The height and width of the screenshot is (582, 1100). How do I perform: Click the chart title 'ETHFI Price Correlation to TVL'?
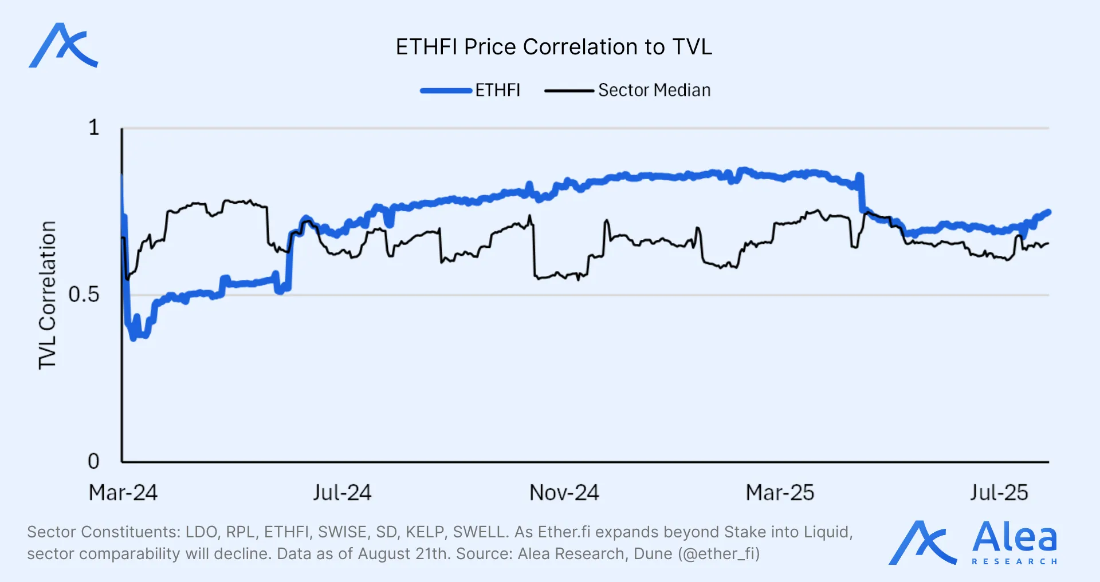[x=553, y=47]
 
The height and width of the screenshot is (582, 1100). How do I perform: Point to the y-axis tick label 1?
[x=94, y=128]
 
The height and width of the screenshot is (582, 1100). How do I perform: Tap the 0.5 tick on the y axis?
[x=84, y=295]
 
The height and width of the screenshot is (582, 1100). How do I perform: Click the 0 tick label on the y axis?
[x=93, y=461]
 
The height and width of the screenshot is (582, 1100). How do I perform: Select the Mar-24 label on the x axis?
[x=123, y=493]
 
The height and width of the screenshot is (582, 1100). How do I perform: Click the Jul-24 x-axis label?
[x=342, y=493]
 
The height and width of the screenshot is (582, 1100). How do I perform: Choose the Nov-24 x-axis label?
[x=564, y=493]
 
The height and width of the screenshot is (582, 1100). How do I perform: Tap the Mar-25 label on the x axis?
[x=780, y=493]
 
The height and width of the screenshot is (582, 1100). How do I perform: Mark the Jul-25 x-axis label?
[x=999, y=493]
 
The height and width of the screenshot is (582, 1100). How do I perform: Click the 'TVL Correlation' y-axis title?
[x=48, y=295]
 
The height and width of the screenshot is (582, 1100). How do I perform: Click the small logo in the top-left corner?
[x=63, y=46]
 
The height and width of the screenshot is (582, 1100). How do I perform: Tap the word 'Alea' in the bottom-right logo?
[x=1014, y=537]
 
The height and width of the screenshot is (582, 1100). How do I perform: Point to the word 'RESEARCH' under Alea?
[x=1014, y=562]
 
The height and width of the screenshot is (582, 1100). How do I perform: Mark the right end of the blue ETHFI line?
[x=1048, y=212]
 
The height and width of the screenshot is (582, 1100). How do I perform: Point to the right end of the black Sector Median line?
[x=1048, y=244]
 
